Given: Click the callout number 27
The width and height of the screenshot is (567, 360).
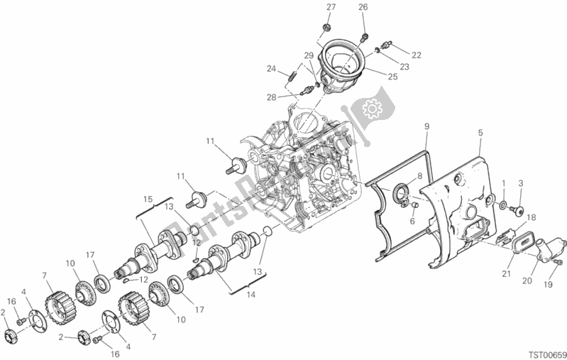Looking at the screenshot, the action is coord(331,7).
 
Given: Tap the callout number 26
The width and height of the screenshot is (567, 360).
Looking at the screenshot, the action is coord(363,7).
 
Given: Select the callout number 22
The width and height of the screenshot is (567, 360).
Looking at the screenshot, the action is coord(417,55).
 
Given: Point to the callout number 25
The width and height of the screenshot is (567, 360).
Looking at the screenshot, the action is coord(392,77).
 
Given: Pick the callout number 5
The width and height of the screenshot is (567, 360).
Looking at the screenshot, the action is coord(480,133).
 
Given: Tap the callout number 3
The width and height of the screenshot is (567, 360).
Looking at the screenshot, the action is coord(521,183).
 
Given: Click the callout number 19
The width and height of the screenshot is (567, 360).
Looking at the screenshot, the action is coord(549,285).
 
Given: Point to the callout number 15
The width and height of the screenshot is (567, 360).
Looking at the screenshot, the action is coord(148,200).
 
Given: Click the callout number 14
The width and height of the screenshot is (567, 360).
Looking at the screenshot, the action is coord(251,295).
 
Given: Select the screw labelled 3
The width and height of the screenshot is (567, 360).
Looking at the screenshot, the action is coord(518,210).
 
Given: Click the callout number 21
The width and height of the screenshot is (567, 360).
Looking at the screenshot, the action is coord(506,274).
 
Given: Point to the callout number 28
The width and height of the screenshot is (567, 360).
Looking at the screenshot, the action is coord(272,97).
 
